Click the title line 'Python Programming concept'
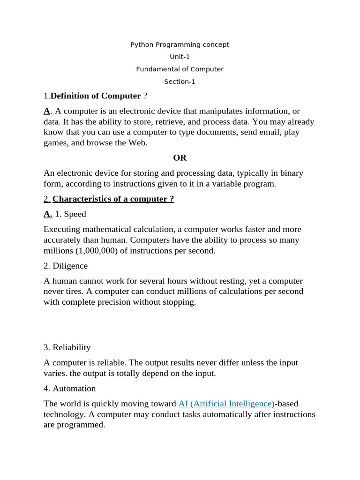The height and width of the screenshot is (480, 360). (180, 45)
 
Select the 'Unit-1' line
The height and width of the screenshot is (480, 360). (180, 57)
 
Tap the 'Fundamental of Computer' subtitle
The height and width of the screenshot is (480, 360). (180, 69)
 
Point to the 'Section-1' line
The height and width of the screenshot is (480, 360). (180, 82)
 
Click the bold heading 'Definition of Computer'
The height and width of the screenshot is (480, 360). (96, 96)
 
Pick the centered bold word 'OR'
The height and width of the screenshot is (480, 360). (180, 158)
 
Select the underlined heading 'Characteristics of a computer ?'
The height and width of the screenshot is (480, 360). (113, 199)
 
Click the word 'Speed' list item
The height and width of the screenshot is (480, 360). (75, 214)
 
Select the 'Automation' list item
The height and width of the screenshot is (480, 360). (74, 388)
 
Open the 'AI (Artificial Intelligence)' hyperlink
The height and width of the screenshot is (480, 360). (226, 404)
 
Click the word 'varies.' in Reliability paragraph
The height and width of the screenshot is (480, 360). (55, 373)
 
